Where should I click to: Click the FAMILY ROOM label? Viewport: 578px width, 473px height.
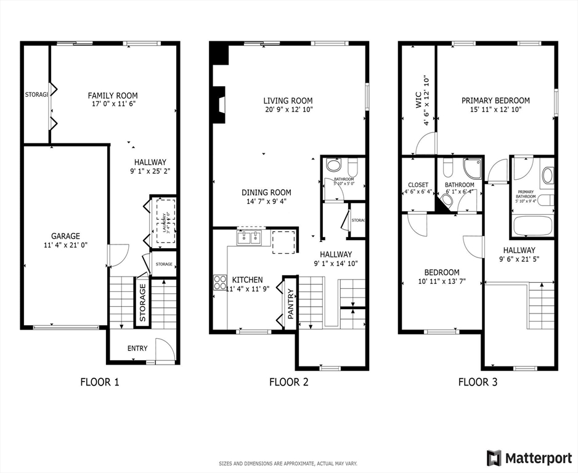(x=112, y=95)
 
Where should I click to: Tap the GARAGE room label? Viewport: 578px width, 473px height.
(x=65, y=236)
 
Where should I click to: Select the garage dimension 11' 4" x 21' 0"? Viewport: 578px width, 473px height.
(x=65, y=245)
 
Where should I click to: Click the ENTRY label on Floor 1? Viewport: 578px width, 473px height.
(x=137, y=349)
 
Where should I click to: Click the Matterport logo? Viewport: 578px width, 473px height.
(x=530, y=458)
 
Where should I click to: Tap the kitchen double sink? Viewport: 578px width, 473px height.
(x=250, y=237)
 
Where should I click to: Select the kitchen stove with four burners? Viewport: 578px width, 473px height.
(x=219, y=282)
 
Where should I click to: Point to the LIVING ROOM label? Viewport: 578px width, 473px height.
(x=288, y=100)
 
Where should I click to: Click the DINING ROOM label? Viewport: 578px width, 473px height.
(x=266, y=192)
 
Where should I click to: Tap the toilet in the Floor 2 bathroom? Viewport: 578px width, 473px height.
(x=352, y=166)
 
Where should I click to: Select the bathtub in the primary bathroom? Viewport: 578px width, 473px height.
(x=532, y=226)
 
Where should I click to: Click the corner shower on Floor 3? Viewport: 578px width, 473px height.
(x=473, y=168)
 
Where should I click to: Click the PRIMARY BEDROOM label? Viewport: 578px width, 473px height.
(x=495, y=100)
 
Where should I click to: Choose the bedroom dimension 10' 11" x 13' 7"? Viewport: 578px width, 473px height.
(x=442, y=281)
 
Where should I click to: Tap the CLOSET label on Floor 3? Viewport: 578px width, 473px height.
(x=418, y=185)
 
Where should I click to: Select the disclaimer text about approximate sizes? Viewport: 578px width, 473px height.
(x=288, y=463)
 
